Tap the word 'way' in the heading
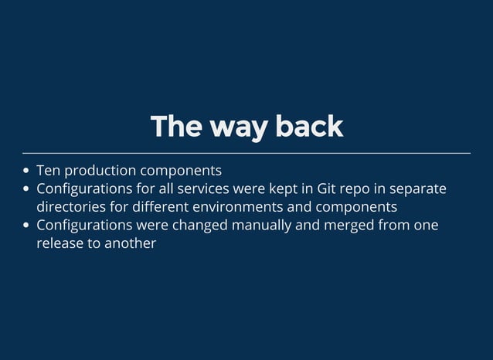pyautogui.click(x=229, y=128)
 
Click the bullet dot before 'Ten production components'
pyautogui.click(x=27, y=171)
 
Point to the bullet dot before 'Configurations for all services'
pyautogui.click(x=27, y=189)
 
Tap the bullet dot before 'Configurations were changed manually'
pyautogui.click(x=27, y=226)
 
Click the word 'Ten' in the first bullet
pyautogui.click(x=48, y=170)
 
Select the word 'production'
pyautogui.click(x=99, y=171)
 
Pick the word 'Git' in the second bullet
pyautogui.click(x=328, y=188)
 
